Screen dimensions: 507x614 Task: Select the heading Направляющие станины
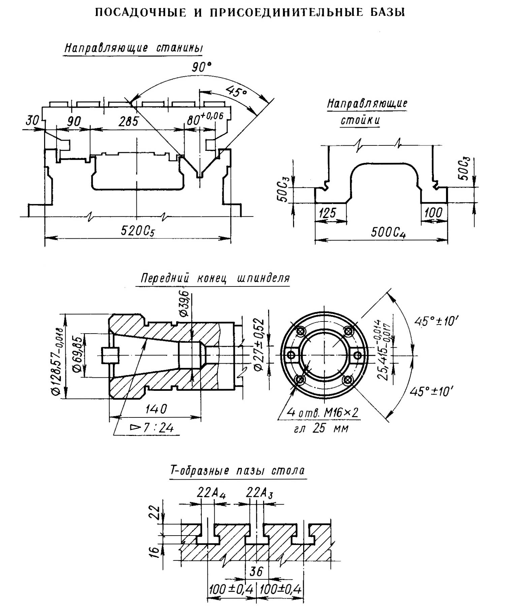pos(134,48)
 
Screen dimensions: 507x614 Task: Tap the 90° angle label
pos(201,67)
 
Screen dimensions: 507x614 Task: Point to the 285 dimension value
pos(128,121)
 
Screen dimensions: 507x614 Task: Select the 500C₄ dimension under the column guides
pos(388,233)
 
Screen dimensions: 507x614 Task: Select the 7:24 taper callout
pos(152,428)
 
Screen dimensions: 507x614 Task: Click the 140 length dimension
pos(156,409)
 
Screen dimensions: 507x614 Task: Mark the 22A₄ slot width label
pos(211,493)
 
